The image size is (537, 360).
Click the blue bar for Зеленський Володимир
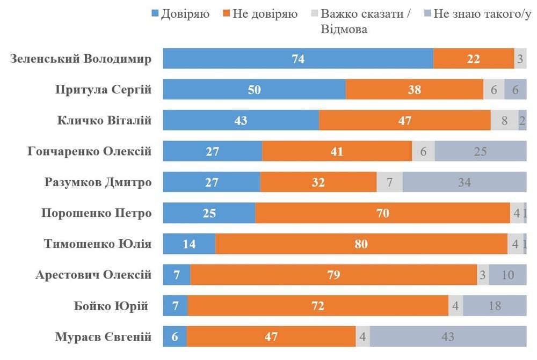(x=298, y=59)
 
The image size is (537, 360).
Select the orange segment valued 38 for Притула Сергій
(x=414, y=90)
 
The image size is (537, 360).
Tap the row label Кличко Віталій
(x=104, y=121)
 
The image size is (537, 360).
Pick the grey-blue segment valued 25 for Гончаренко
(x=480, y=151)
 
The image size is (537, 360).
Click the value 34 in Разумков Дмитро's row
(x=464, y=182)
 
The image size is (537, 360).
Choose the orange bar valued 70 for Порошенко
(x=382, y=213)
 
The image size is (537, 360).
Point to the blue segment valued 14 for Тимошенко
(x=189, y=244)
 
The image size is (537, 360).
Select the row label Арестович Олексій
(x=93, y=275)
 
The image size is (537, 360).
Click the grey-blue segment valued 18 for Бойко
(x=494, y=306)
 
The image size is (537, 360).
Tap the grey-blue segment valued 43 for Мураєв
(x=447, y=337)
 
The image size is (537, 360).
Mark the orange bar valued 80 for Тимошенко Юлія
(x=361, y=244)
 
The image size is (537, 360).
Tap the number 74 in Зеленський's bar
(x=298, y=59)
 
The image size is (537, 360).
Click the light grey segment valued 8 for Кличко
(x=504, y=121)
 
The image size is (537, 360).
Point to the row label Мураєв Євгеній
(x=103, y=337)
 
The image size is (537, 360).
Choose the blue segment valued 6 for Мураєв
(x=175, y=337)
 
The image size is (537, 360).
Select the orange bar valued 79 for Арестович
(x=333, y=275)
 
